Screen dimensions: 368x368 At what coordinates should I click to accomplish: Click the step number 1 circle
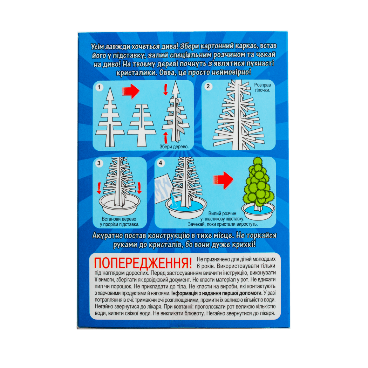click(99, 87)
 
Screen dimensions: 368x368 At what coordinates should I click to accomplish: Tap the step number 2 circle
click(208, 86)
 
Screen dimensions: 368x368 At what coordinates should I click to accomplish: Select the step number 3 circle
click(99, 163)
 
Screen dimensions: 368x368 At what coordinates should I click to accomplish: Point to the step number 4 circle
click(161, 163)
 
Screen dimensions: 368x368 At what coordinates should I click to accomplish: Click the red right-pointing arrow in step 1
click(130, 91)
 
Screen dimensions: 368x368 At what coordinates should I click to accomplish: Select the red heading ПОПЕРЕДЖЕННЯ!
click(143, 263)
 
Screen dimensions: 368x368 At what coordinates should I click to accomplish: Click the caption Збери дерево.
click(174, 147)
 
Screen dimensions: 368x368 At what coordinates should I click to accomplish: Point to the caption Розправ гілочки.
click(263, 87)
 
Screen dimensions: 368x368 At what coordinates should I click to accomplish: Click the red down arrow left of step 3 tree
click(99, 188)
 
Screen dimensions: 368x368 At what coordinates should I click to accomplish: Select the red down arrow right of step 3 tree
click(139, 188)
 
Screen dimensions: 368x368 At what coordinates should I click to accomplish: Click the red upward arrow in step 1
click(166, 137)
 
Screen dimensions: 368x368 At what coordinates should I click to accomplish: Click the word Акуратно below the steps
click(107, 236)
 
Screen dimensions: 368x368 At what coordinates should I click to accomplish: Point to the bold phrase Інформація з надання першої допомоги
click(217, 293)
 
